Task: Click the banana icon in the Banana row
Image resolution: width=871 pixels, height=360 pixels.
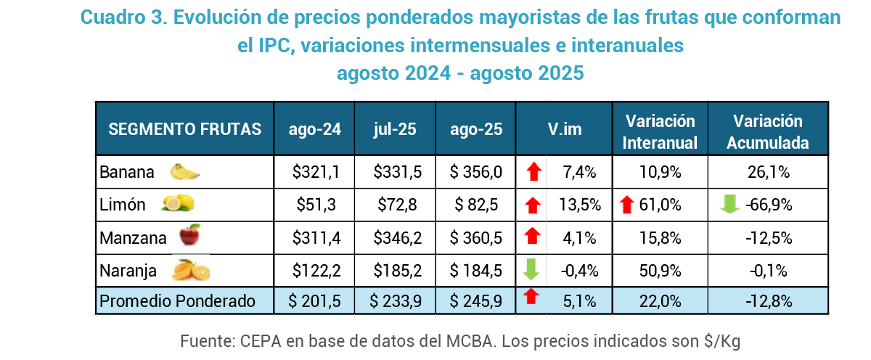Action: [x=184, y=172]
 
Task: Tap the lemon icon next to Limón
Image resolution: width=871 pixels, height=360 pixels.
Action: [x=178, y=204]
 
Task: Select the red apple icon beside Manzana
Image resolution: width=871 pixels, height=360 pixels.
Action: [x=189, y=236]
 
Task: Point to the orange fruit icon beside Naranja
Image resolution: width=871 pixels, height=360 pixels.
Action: [x=191, y=270]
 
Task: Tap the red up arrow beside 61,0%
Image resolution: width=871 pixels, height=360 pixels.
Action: [x=628, y=205]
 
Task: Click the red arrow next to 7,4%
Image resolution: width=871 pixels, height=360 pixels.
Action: [x=533, y=172]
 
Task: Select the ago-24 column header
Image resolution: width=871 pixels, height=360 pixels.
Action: [x=314, y=129]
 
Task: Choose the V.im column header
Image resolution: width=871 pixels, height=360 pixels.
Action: [x=564, y=129]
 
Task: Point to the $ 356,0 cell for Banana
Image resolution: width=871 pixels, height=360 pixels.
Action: [x=475, y=172]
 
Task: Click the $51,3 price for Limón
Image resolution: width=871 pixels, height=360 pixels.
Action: [x=314, y=205]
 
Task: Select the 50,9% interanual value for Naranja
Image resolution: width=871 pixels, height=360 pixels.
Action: [x=660, y=270]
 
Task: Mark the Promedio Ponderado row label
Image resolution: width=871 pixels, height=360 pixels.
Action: [x=177, y=300]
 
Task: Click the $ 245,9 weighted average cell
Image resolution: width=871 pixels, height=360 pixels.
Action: [x=475, y=300]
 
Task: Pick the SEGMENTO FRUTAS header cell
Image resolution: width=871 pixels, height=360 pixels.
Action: [x=184, y=129]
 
